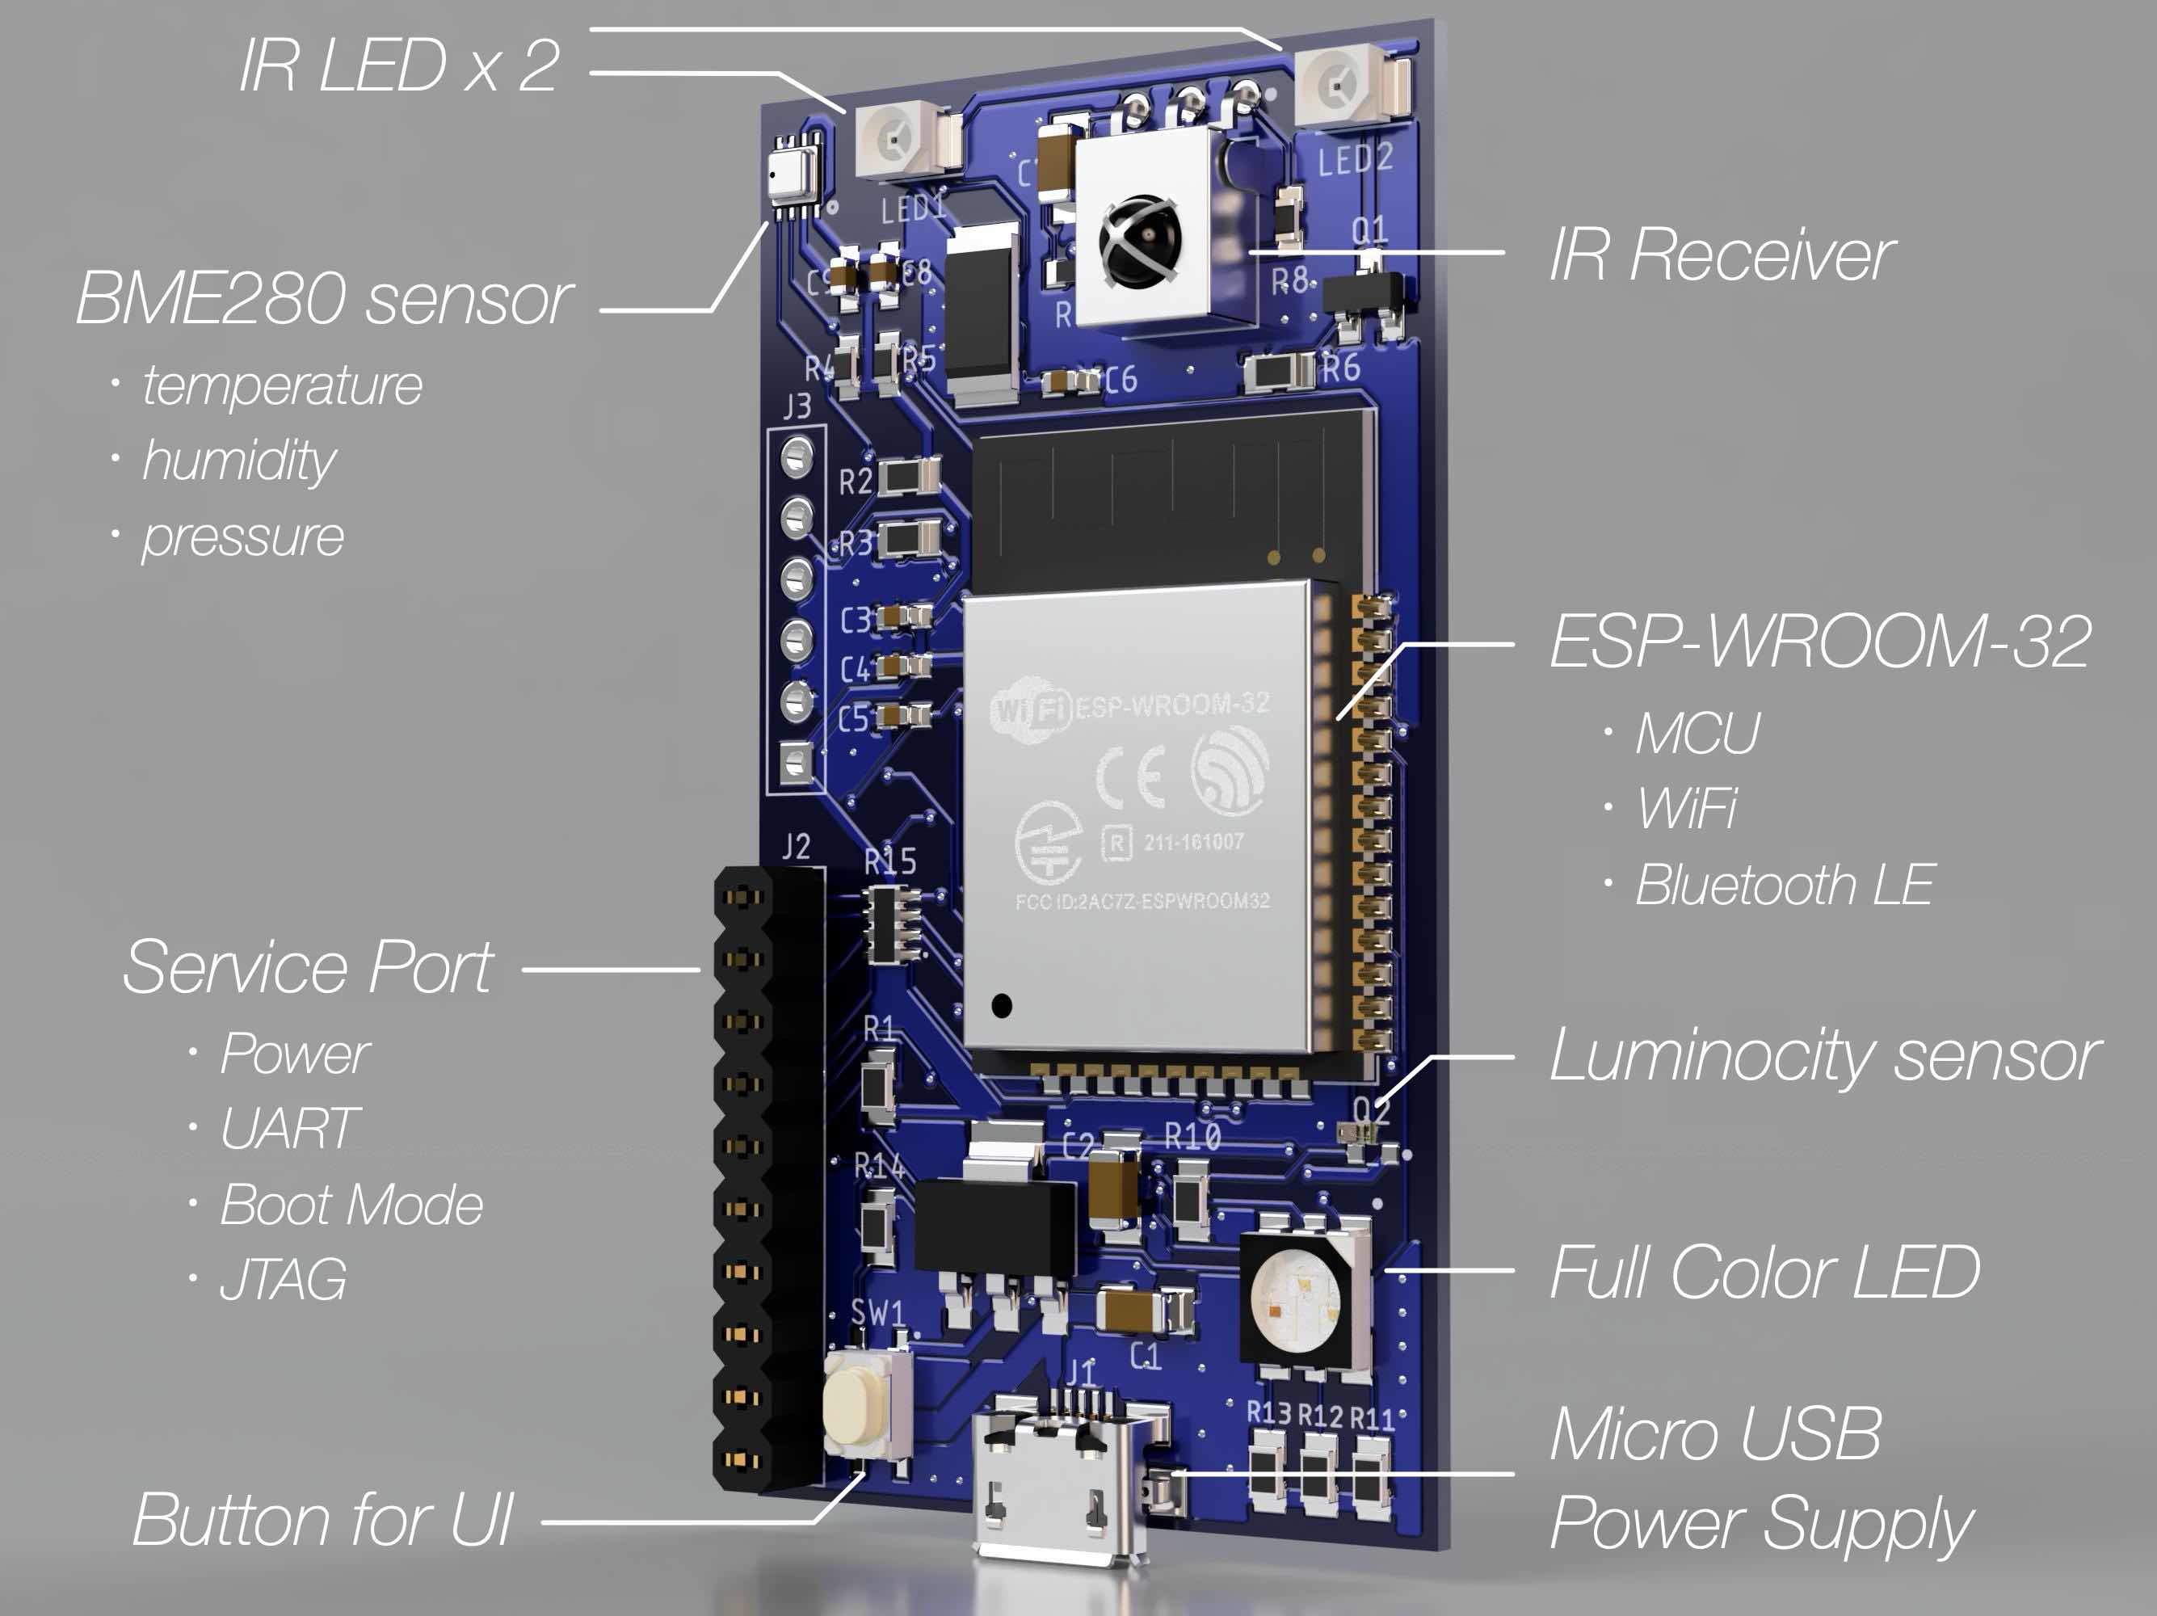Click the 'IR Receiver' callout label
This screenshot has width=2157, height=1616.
(1721, 255)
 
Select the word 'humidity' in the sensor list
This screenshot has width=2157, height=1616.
(239, 461)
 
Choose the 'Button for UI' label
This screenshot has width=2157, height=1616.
(322, 1520)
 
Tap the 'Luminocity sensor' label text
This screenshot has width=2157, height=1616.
(1823, 1056)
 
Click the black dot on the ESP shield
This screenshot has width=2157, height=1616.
(1002, 1005)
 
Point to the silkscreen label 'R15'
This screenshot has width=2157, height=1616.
(889, 861)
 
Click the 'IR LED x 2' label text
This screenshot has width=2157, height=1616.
(400, 66)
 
